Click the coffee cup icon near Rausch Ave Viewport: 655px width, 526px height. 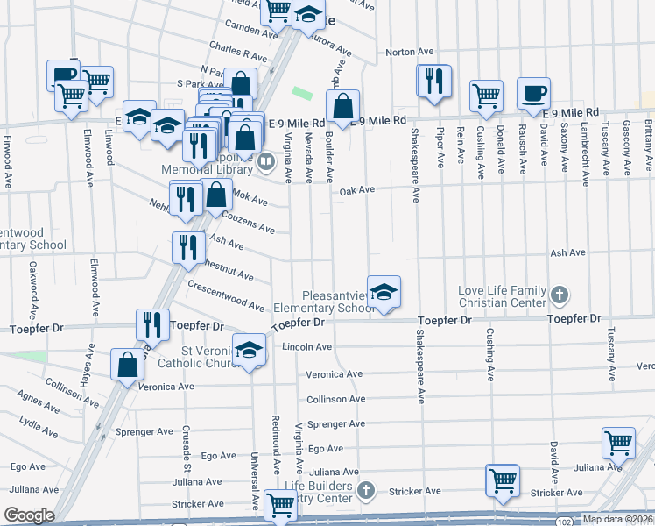(533, 92)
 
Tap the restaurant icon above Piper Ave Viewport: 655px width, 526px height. (433, 81)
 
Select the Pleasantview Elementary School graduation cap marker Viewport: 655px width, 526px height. (383, 291)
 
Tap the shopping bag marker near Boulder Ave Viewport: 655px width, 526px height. (346, 106)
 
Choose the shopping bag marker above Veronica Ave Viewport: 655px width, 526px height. (128, 364)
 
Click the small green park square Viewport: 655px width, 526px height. (303, 92)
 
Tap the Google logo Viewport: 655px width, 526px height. (28, 515)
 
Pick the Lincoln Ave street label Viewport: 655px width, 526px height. (306, 347)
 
